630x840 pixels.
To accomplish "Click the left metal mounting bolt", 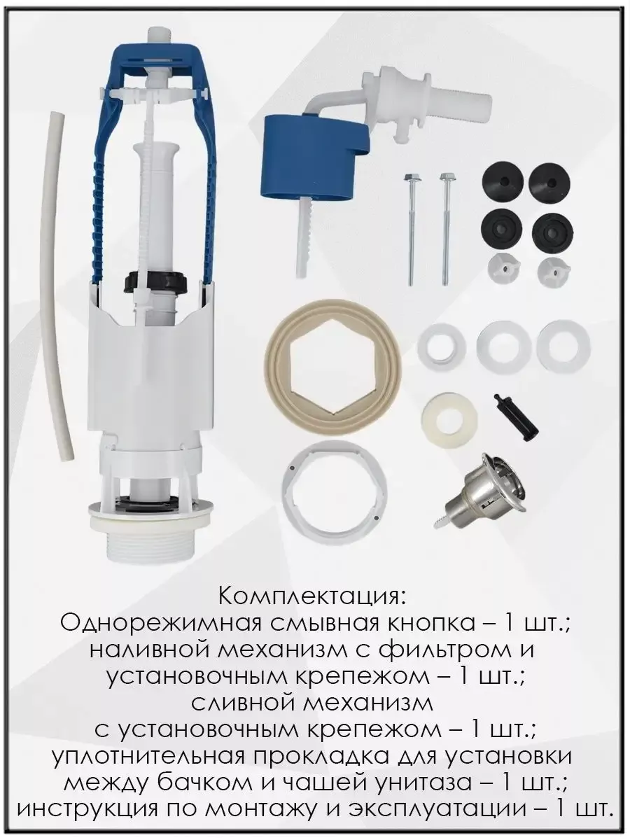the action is tap(411, 228).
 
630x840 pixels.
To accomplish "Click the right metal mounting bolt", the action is tap(445, 228).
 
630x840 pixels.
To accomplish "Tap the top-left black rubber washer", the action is tap(500, 183).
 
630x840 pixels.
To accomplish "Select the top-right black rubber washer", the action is tap(550, 183).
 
